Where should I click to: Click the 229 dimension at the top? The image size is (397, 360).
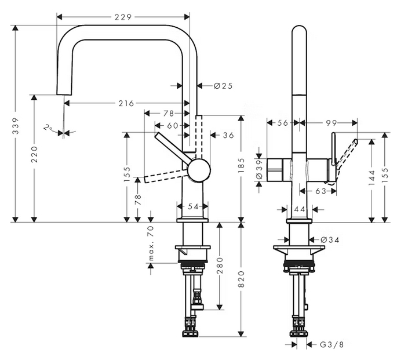(x=122, y=17)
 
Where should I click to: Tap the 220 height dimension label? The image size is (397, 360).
(x=35, y=155)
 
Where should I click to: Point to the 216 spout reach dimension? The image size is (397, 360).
(x=126, y=103)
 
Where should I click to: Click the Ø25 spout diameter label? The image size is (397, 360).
(x=223, y=86)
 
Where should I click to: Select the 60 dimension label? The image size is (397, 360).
(x=173, y=125)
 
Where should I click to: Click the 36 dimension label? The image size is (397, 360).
(x=228, y=135)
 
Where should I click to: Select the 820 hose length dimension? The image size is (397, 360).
(x=242, y=279)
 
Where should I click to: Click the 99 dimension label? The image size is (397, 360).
(x=331, y=122)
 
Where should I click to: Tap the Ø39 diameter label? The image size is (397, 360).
(x=260, y=168)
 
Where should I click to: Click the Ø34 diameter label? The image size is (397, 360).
(x=329, y=239)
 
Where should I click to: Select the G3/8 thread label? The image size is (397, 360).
(x=332, y=344)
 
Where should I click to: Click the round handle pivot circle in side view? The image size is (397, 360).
(x=198, y=170)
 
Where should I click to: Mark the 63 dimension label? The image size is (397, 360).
(x=320, y=190)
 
